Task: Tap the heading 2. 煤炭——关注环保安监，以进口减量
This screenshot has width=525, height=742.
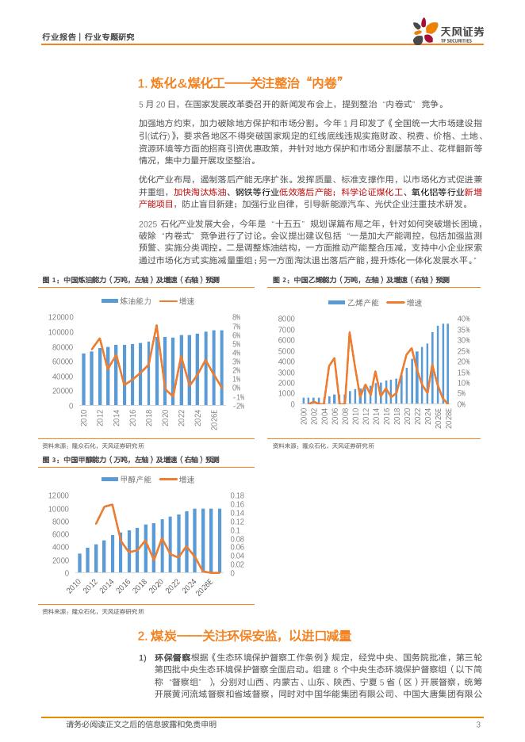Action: (x=244, y=636)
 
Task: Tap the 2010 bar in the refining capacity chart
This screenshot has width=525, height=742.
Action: (x=83, y=379)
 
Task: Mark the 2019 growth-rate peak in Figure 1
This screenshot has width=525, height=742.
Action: (x=156, y=325)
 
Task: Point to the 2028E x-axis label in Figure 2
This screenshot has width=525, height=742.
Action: (x=447, y=417)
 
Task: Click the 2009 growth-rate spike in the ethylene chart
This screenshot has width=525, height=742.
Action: (x=349, y=333)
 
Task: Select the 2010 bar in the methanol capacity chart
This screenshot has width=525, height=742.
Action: (x=79, y=563)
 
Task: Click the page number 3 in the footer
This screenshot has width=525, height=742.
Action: (x=478, y=725)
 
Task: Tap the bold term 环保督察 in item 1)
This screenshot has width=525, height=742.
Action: (x=172, y=657)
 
